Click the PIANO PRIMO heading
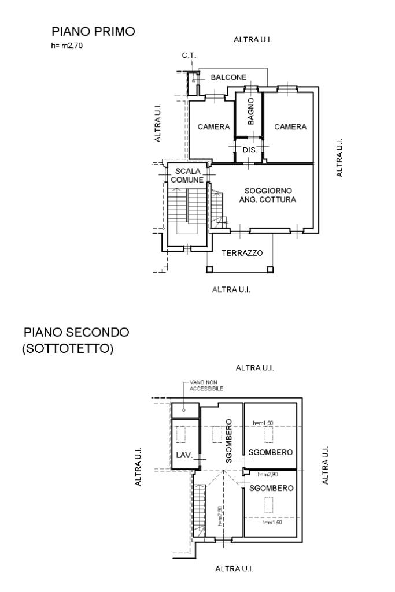pyautogui.click(x=93, y=31)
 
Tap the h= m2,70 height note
pyautogui.click(x=67, y=43)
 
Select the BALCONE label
pyautogui.click(x=228, y=77)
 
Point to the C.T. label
pyautogui.click(x=189, y=56)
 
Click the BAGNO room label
pyautogui.click(x=251, y=111)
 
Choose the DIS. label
pyautogui.click(x=249, y=150)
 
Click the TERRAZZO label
pyautogui.click(x=242, y=253)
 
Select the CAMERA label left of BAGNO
pyautogui.click(x=213, y=127)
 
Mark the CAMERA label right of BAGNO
pyautogui.click(x=290, y=127)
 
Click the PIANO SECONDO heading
pyautogui.click(x=76, y=333)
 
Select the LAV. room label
pyautogui.click(x=182, y=456)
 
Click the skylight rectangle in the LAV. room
pyautogui.click(x=180, y=433)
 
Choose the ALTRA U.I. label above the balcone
pyautogui.click(x=253, y=40)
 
